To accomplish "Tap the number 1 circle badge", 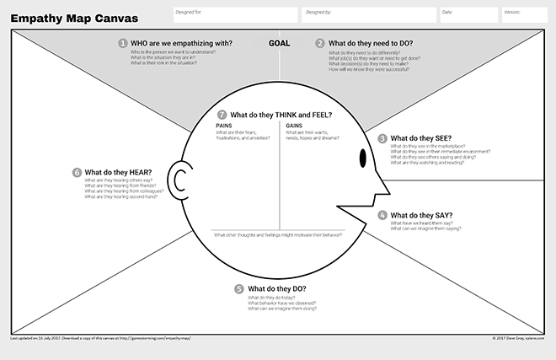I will coord(123,43).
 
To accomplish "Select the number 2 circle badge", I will coord(320,43).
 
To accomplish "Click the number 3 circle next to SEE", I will coord(382,138).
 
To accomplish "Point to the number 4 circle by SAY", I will coord(382,215).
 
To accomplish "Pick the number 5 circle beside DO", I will coord(240,288).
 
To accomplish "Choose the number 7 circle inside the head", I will coord(222,115).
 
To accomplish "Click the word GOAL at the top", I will coord(281,43).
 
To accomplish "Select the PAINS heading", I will coord(225,126).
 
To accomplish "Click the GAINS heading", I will coord(294,126).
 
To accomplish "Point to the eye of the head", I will coord(363,158).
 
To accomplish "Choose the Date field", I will coord(468,15).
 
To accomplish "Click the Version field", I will coord(524,15).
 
